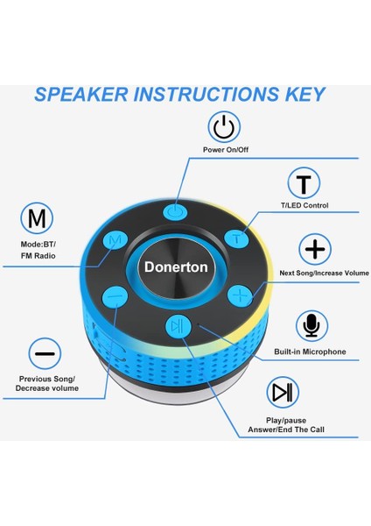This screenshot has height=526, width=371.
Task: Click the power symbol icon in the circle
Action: [x=226, y=128]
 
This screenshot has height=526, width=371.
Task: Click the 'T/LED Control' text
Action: [x=304, y=206]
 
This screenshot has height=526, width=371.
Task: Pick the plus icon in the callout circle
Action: [x=315, y=250]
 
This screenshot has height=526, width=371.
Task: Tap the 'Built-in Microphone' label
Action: [x=310, y=352]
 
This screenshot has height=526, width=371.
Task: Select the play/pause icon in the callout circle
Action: [x=282, y=392]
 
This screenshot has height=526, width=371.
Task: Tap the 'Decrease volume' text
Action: [x=46, y=387]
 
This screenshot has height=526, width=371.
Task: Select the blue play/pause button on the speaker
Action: [x=178, y=327]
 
